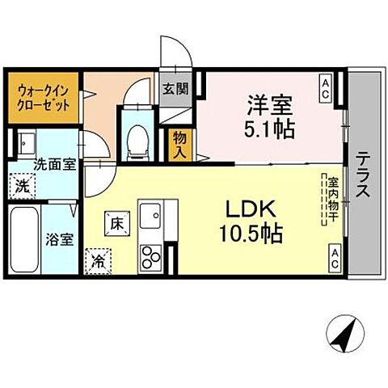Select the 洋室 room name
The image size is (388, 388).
(269, 104)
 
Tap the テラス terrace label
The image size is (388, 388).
(364, 174)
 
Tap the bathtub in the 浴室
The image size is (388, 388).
(23, 240)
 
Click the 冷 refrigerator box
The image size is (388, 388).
(97, 261)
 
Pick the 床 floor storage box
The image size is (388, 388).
(116, 221)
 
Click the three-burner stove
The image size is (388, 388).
(151, 258)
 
